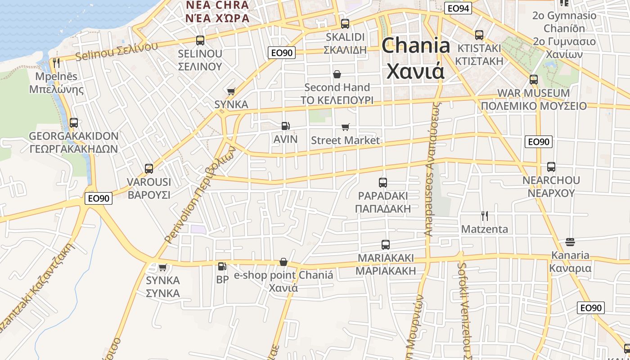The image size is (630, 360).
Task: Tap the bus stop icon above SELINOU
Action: coord(200,40)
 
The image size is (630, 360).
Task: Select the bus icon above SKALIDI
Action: coord(345,24)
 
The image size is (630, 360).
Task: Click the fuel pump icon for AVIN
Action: coord(285,126)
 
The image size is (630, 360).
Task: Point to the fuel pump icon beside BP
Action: coord(222,266)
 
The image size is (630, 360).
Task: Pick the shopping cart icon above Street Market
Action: coord(345,127)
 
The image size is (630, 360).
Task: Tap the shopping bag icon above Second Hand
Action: coord(337,74)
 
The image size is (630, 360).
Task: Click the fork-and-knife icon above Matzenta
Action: coord(484,216)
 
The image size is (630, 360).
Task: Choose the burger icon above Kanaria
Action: coord(570,242)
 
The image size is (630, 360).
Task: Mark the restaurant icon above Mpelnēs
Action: coord(56,63)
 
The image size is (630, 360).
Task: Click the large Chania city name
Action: coord(416,58)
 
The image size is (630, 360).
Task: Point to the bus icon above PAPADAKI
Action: coord(383,183)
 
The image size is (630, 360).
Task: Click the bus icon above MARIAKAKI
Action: coord(386,245)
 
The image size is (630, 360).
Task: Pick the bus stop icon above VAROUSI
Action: coord(149,169)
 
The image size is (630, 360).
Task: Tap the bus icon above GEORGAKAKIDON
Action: coord(74,122)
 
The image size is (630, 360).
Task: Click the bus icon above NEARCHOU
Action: coord(551,167)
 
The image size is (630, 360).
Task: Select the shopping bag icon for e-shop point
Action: coord(283,262)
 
